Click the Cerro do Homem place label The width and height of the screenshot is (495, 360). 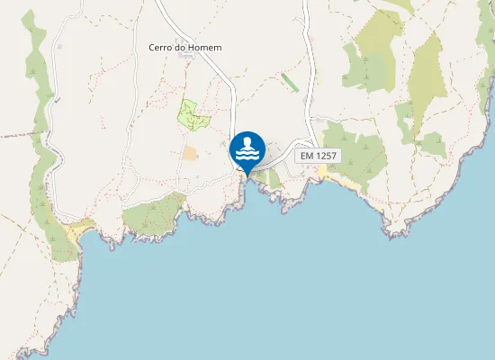[184, 48]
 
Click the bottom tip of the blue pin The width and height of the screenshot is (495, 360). [247, 175]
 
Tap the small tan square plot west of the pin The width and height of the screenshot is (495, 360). [190, 153]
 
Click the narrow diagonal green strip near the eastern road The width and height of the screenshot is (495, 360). [290, 82]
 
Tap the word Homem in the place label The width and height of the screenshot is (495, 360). [207, 48]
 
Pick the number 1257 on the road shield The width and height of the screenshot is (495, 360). [327, 156]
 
